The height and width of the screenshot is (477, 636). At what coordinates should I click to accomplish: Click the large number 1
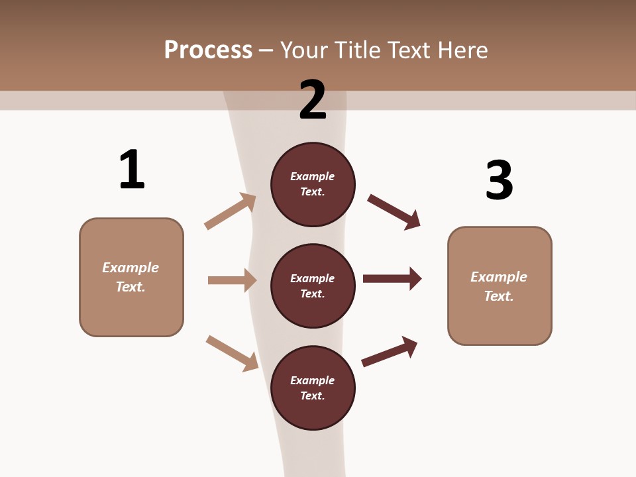(x=131, y=170)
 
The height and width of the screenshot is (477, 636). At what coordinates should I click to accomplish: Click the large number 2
(x=313, y=100)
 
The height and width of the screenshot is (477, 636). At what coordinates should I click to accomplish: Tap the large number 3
(x=499, y=180)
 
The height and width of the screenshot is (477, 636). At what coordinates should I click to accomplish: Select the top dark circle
(x=313, y=184)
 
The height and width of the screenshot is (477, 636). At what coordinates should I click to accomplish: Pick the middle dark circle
(x=313, y=286)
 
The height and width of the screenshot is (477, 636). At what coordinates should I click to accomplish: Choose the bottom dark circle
(x=313, y=388)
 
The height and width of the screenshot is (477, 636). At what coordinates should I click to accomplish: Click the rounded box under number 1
(x=131, y=277)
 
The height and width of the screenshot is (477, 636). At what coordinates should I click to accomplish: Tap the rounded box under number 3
(x=500, y=286)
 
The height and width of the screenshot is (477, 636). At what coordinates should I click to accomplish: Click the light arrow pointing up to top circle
(x=231, y=211)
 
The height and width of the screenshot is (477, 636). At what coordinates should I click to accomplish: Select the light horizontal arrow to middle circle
(x=232, y=280)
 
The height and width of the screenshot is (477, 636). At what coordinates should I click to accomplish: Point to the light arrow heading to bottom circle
(x=233, y=353)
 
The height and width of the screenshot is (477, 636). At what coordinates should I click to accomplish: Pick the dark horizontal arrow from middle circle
(x=392, y=278)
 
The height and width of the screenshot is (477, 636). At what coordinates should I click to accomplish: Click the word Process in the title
(x=208, y=50)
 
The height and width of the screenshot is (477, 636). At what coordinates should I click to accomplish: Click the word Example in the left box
(x=131, y=268)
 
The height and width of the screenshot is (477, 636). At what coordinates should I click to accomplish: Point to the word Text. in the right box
(x=499, y=296)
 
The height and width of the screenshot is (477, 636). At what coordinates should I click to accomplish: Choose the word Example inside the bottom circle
(x=313, y=380)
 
